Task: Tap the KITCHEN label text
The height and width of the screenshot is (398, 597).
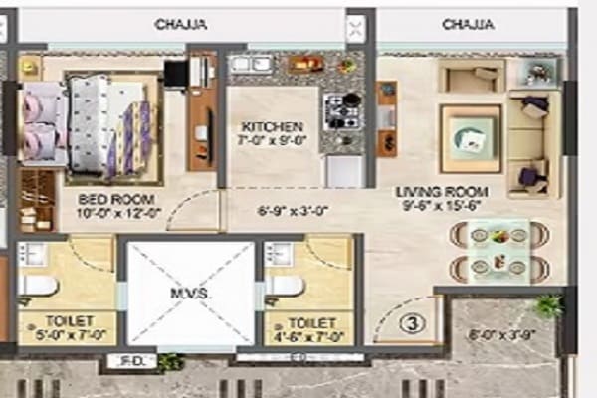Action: click(x=271, y=127)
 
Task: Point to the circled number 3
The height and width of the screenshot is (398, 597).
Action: click(x=411, y=322)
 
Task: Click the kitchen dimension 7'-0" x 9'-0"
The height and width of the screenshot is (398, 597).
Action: click(x=271, y=141)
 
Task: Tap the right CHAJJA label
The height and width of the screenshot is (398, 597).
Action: click(x=468, y=23)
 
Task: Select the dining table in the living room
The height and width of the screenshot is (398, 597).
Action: click(x=497, y=251)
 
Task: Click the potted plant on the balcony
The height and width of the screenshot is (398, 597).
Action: click(x=545, y=305)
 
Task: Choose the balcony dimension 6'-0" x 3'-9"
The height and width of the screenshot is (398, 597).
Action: click(x=502, y=335)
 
